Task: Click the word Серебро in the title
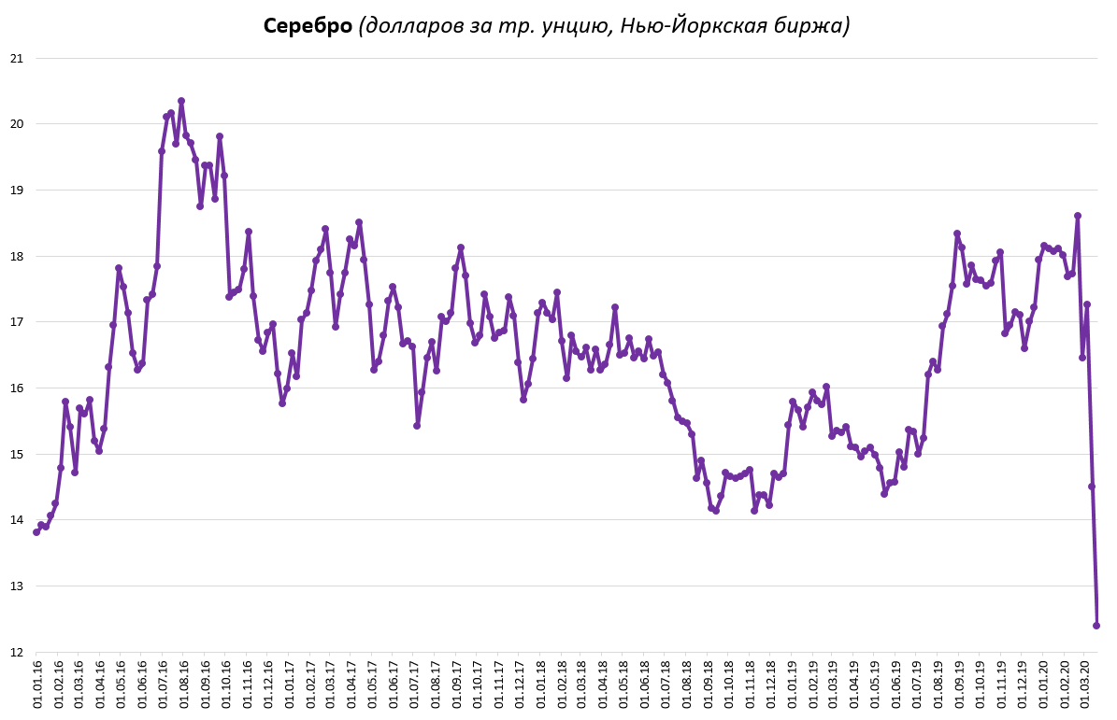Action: (308, 26)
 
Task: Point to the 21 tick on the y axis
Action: (16, 58)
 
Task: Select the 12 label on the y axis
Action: (16, 652)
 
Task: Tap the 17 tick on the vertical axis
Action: (16, 322)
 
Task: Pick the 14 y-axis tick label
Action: (16, 520)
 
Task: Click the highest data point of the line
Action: (181, 101)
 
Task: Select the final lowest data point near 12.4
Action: (1096, 626)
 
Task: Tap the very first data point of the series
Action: (36, 532)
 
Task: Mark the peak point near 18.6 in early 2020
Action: (1078, 216)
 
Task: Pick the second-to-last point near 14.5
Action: (1092, 487)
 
